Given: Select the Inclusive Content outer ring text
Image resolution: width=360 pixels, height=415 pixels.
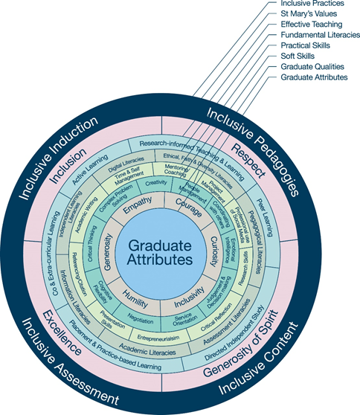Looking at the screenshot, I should (257, 361).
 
